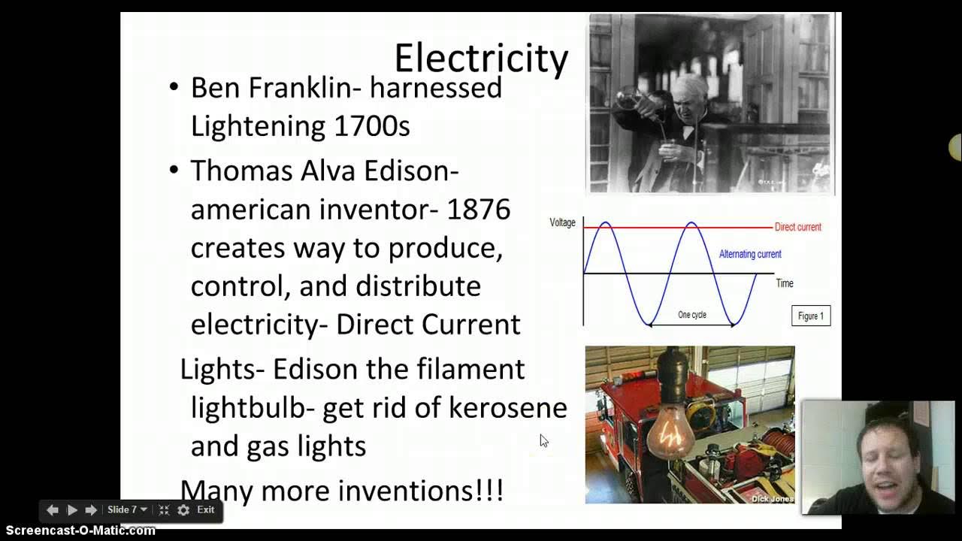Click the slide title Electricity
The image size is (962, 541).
point(481,59)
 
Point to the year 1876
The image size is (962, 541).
point(479,209)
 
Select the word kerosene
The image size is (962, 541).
point(507,407)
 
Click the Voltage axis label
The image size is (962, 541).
point(562,223)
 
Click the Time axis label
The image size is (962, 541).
point(784,283)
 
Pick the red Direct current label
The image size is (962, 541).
point(797,227)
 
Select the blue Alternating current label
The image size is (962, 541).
point(749,254)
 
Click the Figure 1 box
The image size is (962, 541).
point(810,316)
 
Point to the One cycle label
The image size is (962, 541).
point(691,315)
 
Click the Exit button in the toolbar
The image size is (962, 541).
point(205,509)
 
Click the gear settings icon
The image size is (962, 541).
point(183,510)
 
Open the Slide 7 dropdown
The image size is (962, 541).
point(126,509)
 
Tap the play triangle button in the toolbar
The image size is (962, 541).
point(72,510)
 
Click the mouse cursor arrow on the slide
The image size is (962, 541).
point(543,441)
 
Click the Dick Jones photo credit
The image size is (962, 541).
point(772,498)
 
